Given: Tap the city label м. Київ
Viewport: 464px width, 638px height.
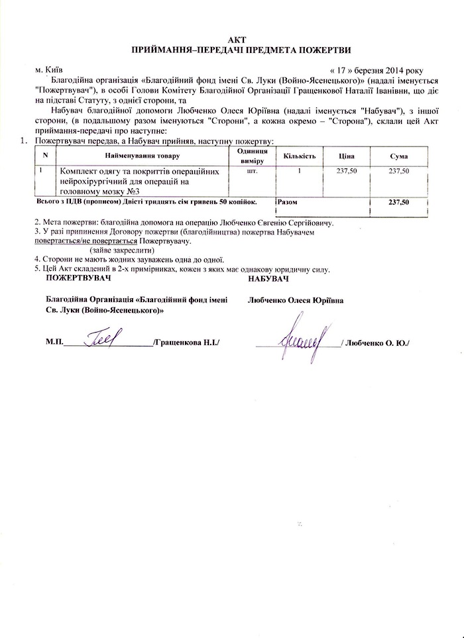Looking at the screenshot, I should [50, 69].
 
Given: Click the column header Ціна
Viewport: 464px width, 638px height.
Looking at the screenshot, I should [345, 155].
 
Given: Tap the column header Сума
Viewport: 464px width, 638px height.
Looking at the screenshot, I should [399, 155].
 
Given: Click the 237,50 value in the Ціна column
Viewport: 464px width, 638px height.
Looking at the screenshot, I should [345, 171].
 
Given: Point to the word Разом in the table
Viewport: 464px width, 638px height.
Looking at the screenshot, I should [287, 200].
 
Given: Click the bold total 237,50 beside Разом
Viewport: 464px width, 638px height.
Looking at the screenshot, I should [399, 200].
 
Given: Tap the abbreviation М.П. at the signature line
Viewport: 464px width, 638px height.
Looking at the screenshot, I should [54, 343].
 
